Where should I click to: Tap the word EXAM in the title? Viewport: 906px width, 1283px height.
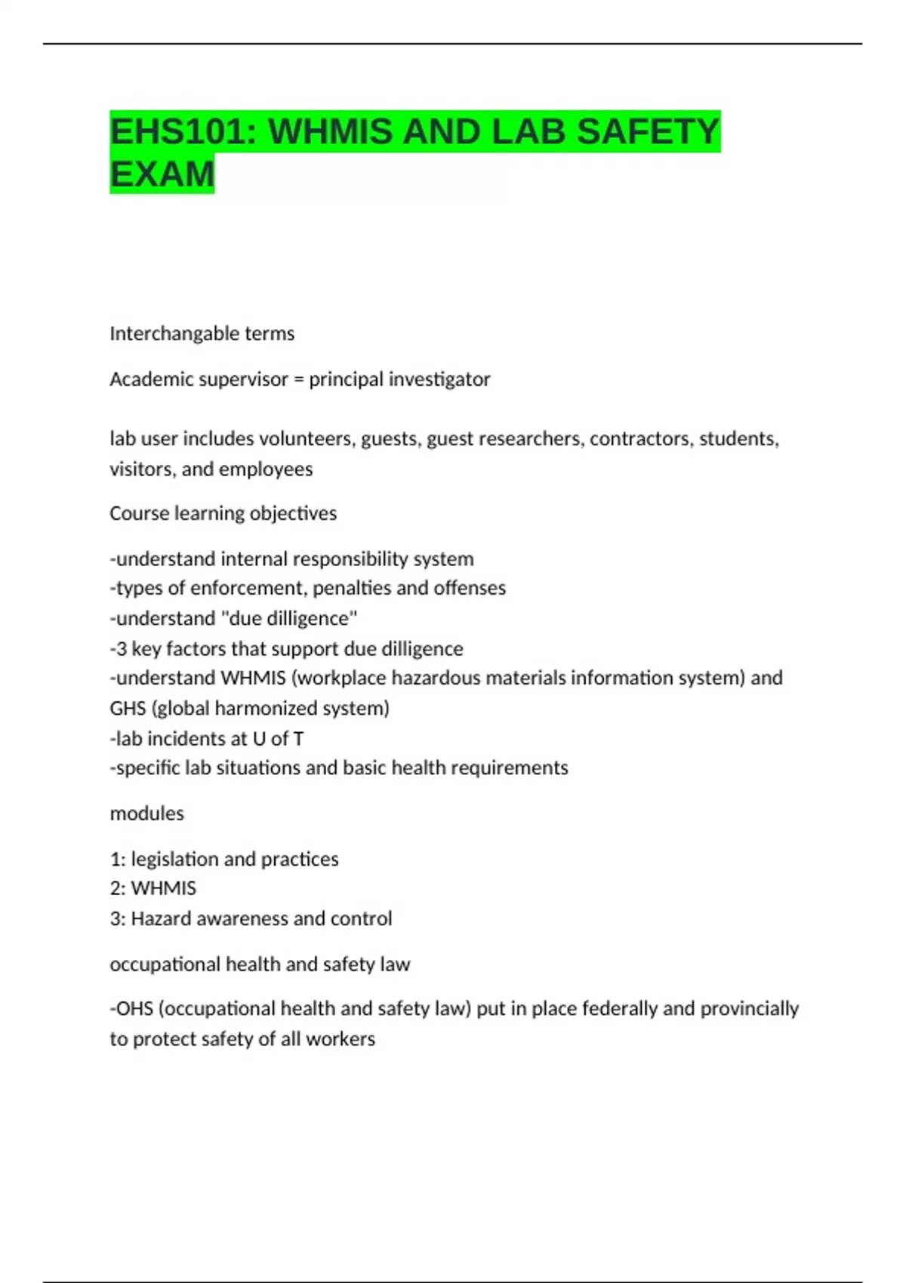(162, 174)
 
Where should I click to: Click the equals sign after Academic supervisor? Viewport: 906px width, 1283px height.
(299, 379)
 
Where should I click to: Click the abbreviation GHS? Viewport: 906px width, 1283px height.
(128, 708)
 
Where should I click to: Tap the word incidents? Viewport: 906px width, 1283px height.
(182, 738)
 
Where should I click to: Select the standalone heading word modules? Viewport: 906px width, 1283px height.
(146, 814)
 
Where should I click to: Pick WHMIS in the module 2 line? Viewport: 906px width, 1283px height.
(163, 888)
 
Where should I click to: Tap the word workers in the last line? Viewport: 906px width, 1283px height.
(344, 1039)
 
